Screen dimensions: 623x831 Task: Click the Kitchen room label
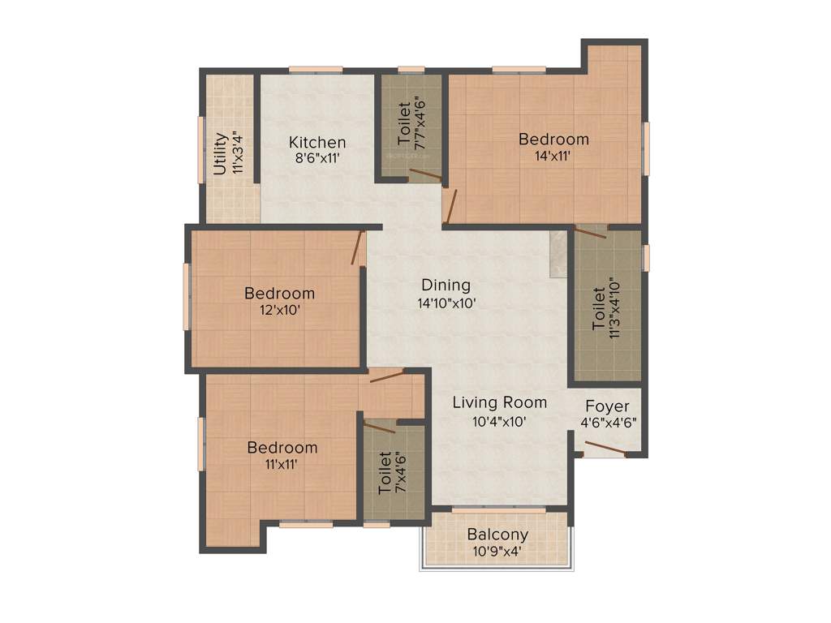tap(317, 143)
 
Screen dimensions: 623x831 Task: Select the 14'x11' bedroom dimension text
tap(553, 157)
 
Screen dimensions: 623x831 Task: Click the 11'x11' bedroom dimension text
tap(282, 465)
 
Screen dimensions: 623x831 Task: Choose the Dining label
tap(446, 286)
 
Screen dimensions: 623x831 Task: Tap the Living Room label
tap(499, 402)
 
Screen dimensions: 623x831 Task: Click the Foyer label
tap(607, 406)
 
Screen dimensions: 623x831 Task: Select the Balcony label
tap(497, 535)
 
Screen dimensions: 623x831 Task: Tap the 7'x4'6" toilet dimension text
tap(399, 473)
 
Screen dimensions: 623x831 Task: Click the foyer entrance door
tap(605, 450)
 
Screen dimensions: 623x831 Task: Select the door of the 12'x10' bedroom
tap(358, 248)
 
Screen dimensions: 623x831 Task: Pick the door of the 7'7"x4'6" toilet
tap(425, 174)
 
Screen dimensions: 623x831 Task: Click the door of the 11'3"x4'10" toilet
tap(590, 233)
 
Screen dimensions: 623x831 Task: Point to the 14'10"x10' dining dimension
tap(446, 303)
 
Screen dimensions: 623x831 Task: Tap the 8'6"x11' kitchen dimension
tap(317, 159)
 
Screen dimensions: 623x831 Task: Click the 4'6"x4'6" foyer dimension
tap(608, 422)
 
